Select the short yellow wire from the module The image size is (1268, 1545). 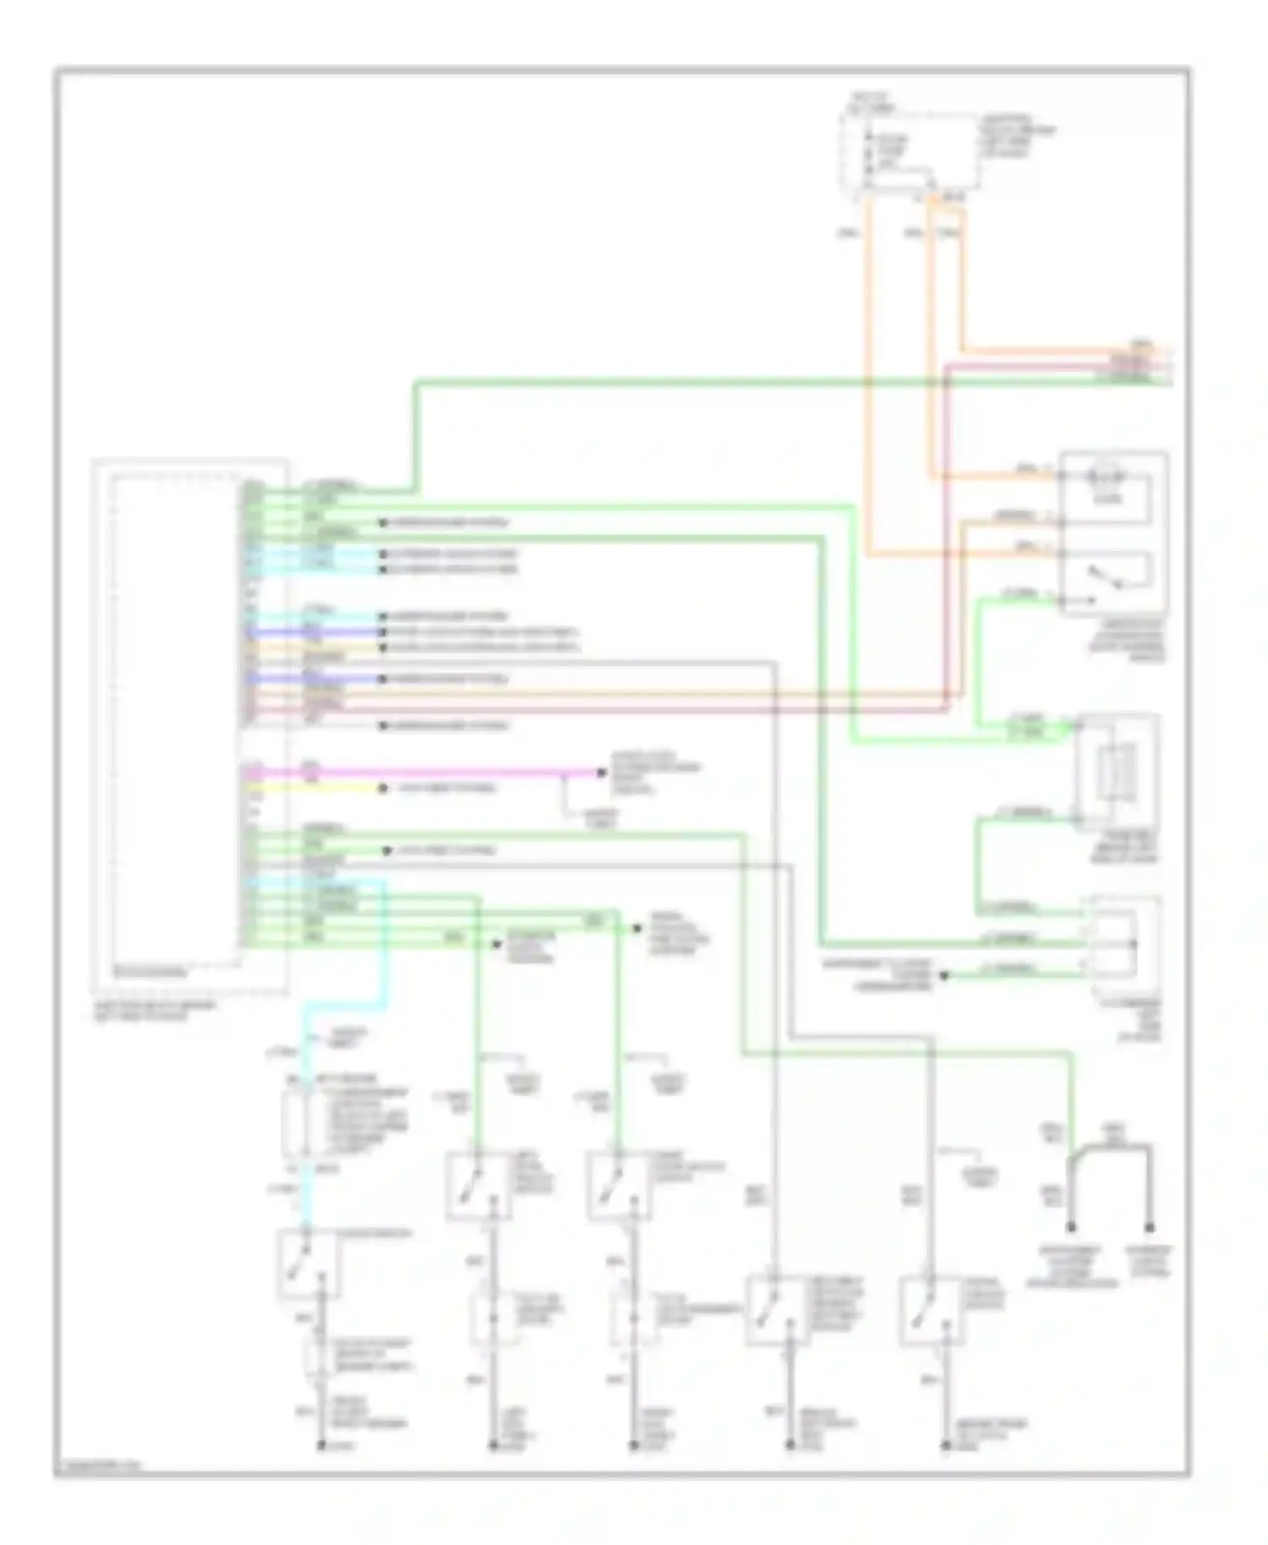tap(338, 788)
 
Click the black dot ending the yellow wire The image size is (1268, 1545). tap(383, 788)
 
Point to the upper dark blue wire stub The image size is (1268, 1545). tap(338, 632)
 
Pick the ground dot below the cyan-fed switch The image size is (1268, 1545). tap(321, 1446)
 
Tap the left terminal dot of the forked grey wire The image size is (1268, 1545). tap(1071, 1226)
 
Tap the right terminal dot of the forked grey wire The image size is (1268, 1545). tap(1150, 1226)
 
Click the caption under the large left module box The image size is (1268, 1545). tap(152, 1010)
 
